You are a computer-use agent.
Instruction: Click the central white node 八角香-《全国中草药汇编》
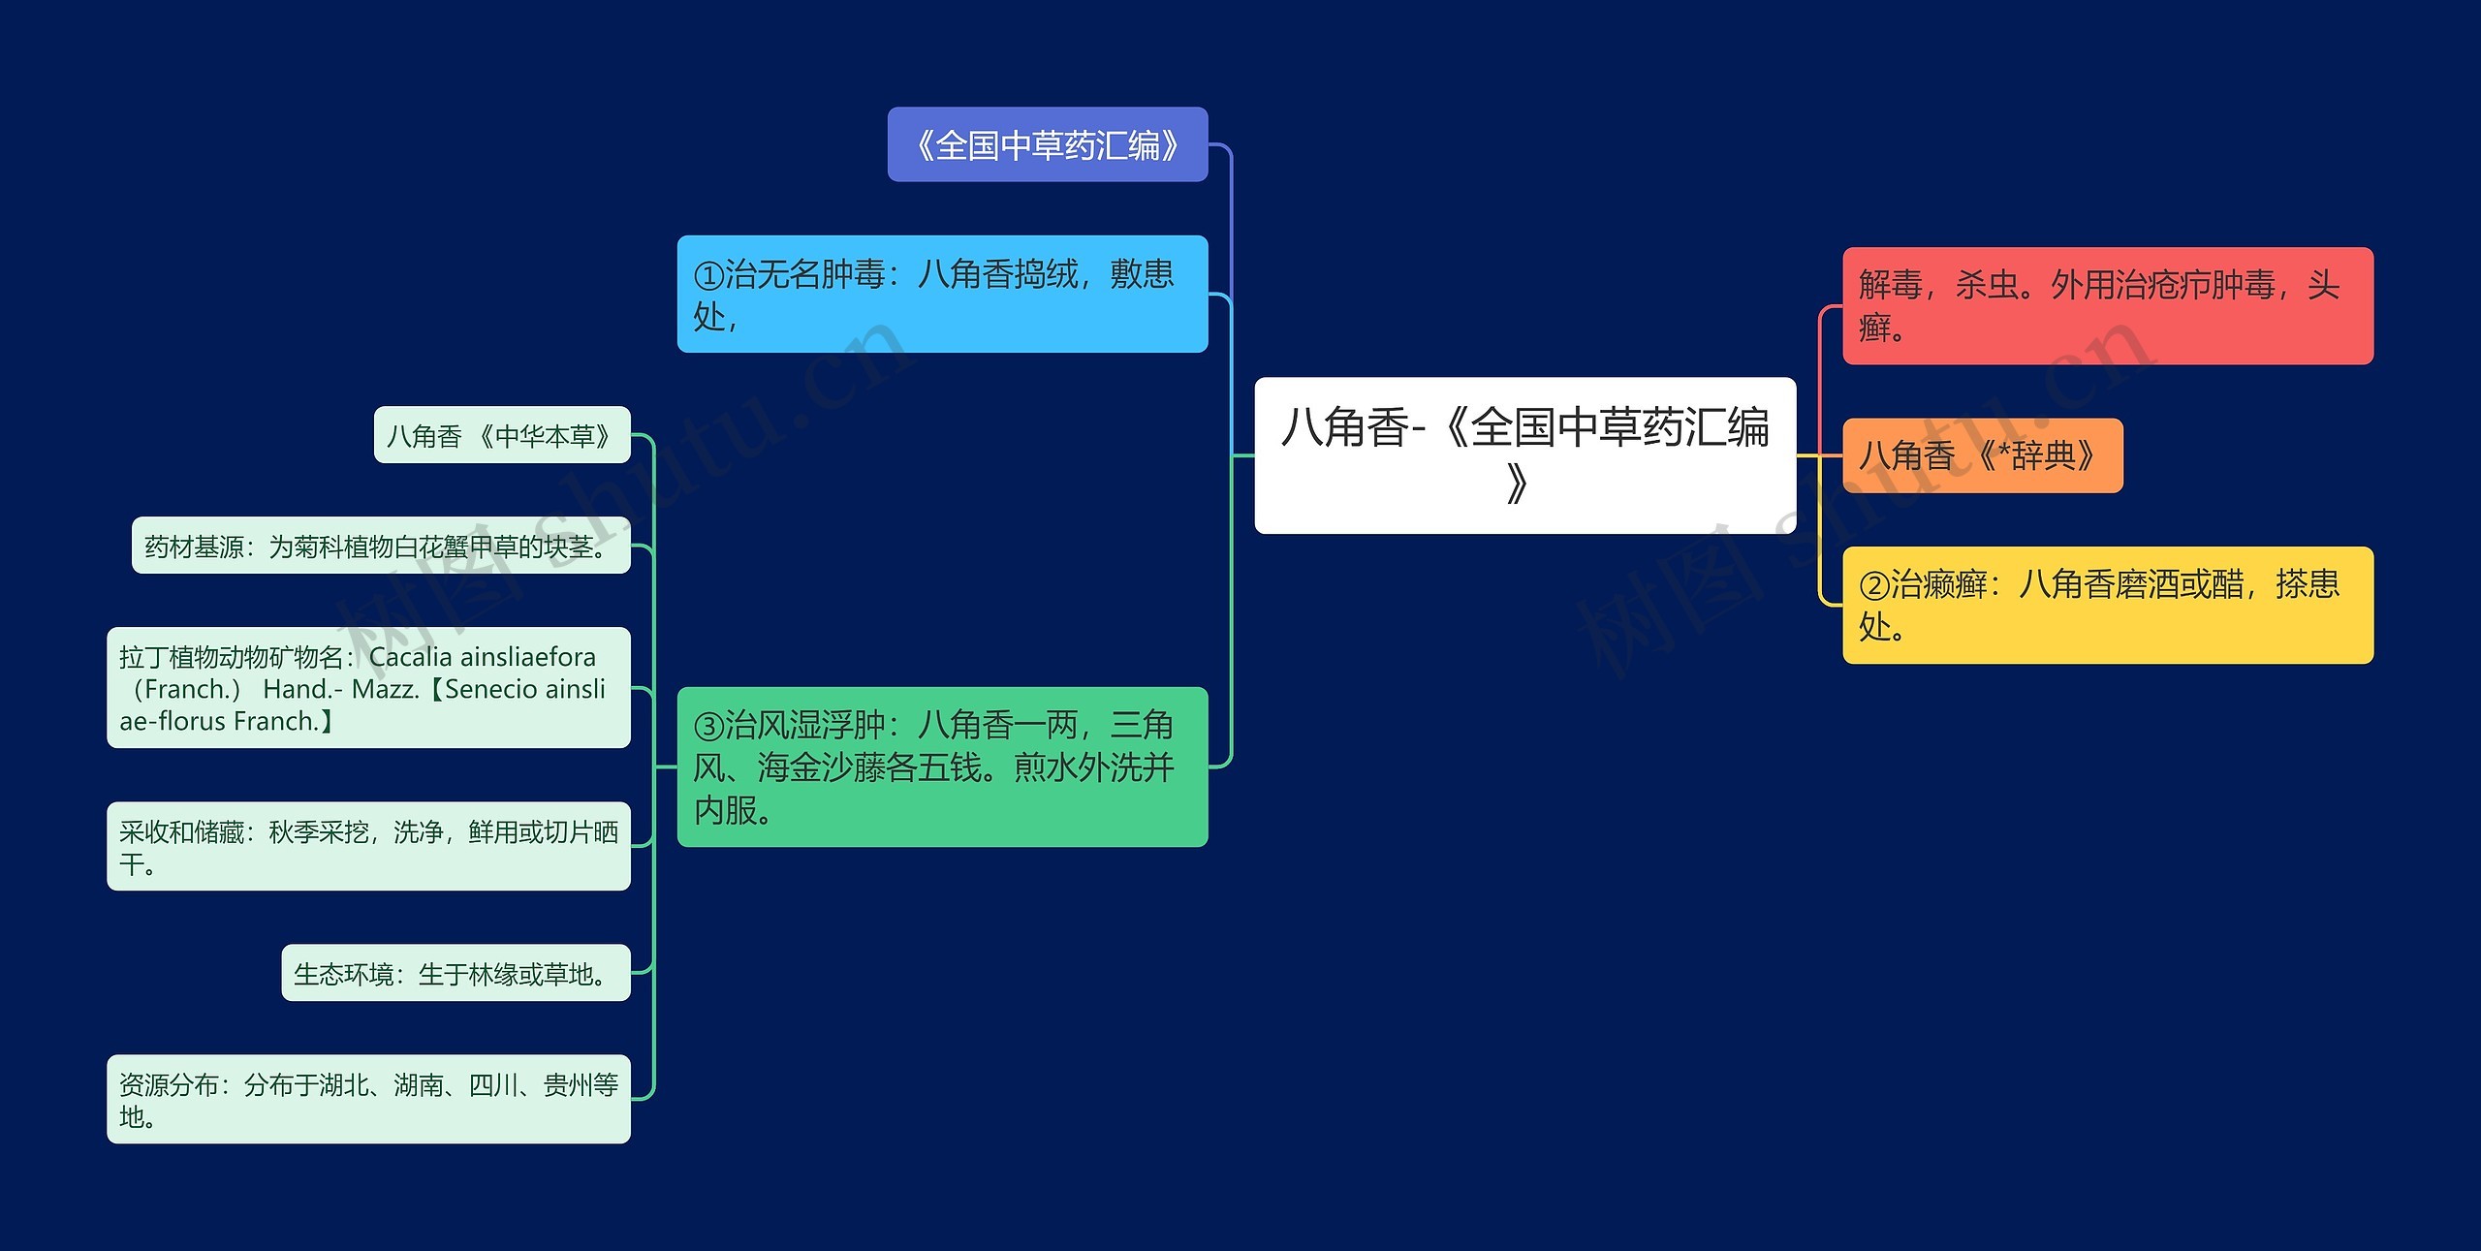click(1524, 454)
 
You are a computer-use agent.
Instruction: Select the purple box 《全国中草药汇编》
click(1047, 144)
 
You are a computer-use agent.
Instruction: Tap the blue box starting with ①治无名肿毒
click(942, 294)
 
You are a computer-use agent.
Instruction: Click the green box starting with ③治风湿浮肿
click(942, 766)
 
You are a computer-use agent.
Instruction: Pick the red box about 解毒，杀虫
click(2107, 305)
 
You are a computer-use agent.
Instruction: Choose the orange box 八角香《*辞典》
click(1981, 455)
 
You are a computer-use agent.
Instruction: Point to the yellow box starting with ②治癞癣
click(2107, 605)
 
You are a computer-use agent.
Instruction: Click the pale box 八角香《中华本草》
click(501, 435)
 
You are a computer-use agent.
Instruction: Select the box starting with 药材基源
click(380, 546)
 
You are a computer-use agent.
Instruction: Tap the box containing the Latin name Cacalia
click(368, 688)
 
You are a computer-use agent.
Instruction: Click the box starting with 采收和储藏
click(368, 846)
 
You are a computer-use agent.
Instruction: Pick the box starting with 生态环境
click(455, 973)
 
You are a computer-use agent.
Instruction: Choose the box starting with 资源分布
click(368, 1099)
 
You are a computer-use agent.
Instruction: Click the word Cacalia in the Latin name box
click(411, 657)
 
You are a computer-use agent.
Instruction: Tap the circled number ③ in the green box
click(708, 726)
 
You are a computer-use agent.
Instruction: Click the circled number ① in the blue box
click(708, 276)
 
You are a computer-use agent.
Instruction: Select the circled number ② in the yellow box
click(1873, 585)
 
